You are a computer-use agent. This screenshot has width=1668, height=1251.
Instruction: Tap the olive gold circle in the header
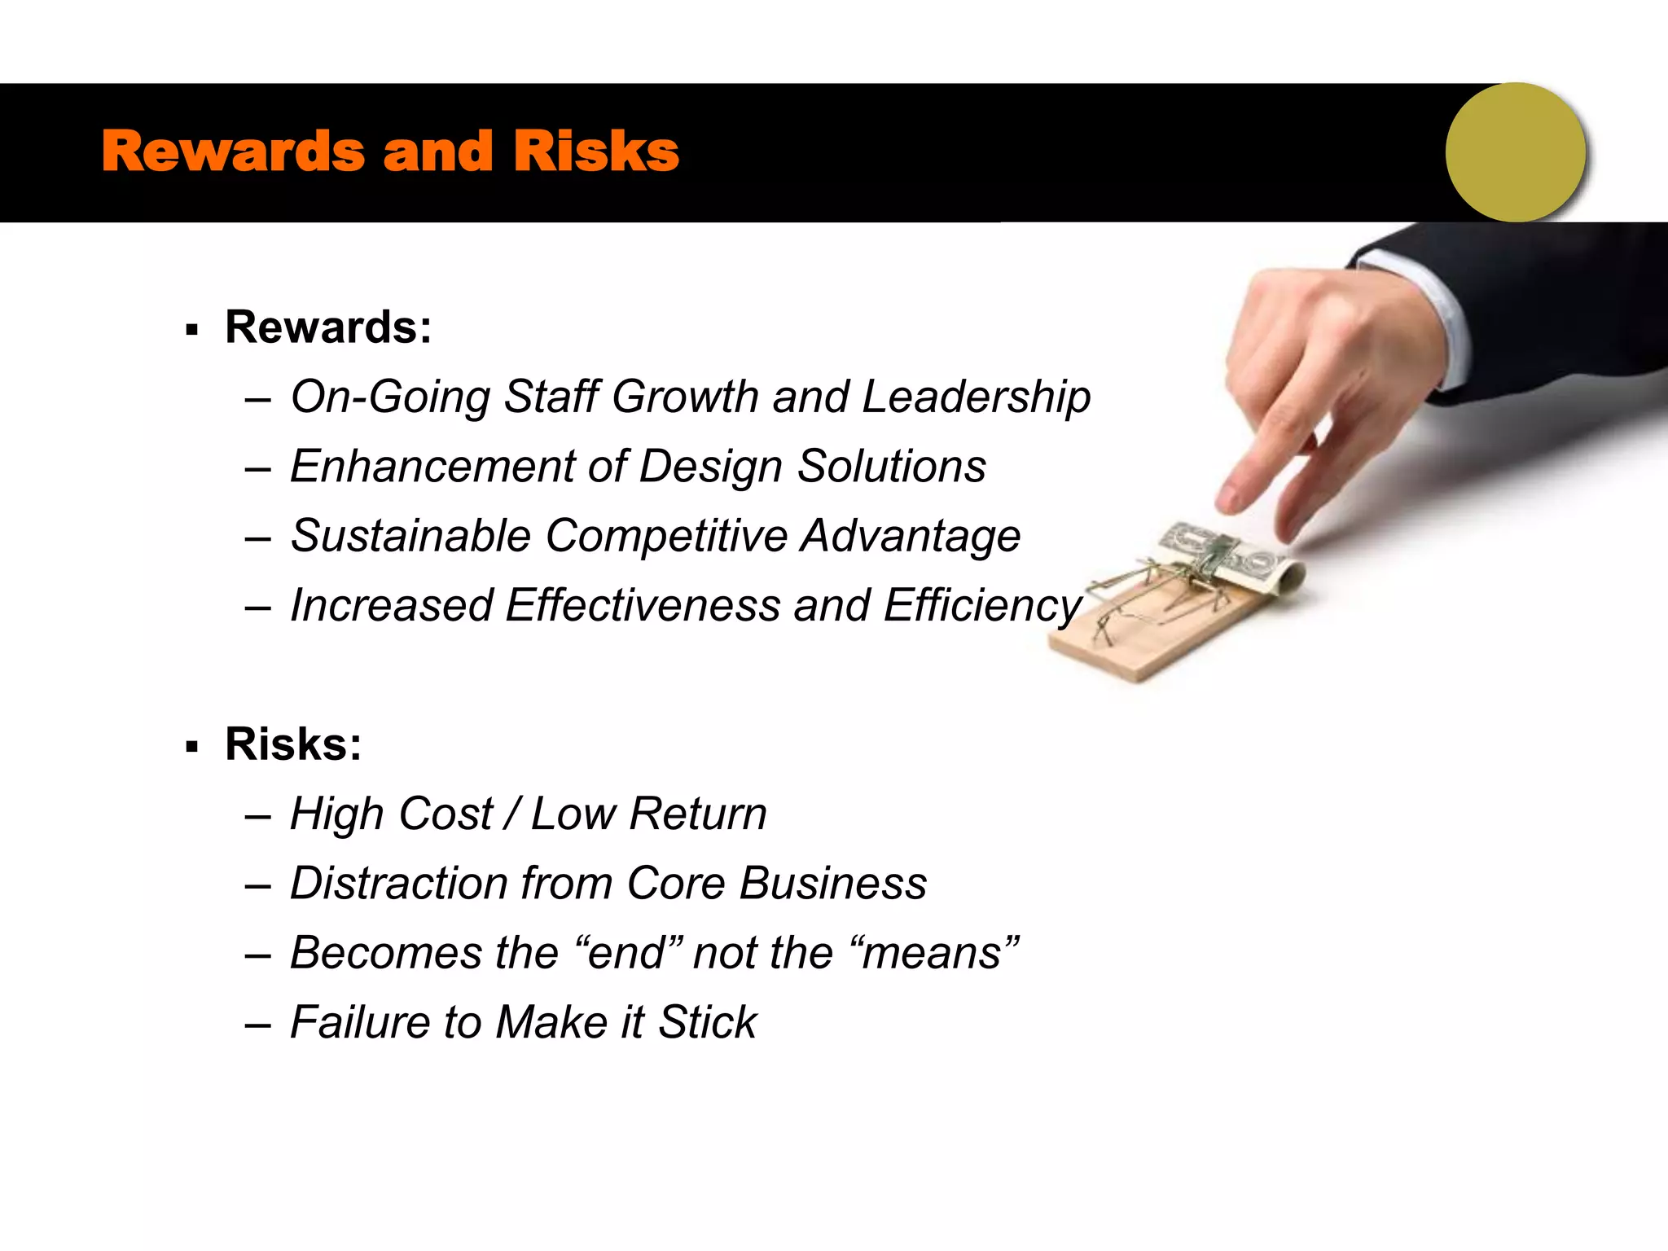pos(1516,152)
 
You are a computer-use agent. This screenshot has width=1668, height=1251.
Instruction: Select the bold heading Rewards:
pos(328,327)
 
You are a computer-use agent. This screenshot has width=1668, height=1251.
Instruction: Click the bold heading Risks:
pos(293,744)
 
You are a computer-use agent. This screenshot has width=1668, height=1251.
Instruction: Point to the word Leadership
pos(976,397)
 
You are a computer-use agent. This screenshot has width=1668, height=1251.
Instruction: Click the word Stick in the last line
pos(707,1023)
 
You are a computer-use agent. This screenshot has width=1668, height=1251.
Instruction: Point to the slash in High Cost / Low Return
pos(512,814)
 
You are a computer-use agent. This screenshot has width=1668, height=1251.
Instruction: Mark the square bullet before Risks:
pos(192,747)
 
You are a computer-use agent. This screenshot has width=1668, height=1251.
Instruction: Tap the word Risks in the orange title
pos(596,152)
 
